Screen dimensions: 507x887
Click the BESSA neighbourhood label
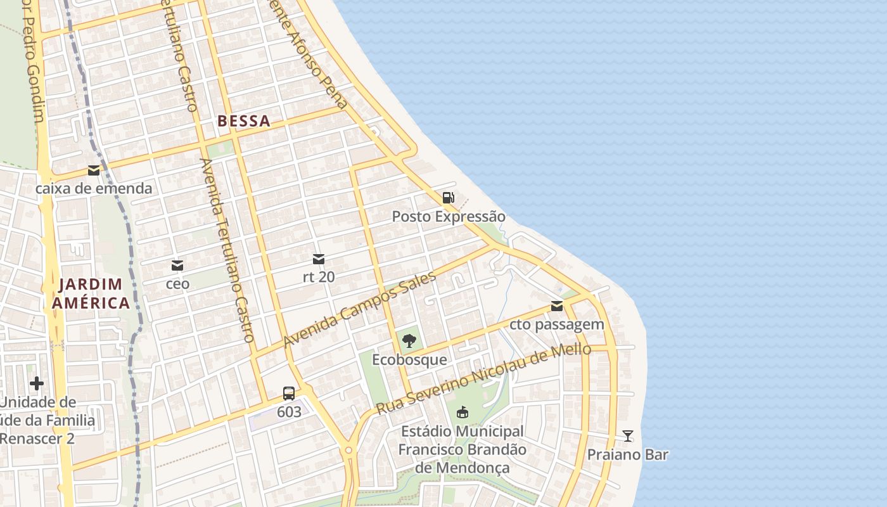(x=244, y=121)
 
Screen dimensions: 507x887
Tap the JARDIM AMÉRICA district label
(x=91, y=294)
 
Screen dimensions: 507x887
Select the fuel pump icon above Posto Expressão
(x=449, y=198)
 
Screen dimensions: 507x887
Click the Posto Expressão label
(x=449, y=217)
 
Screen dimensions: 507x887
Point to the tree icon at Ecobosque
(x=409, y=341)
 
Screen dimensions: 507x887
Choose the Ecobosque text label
(x=409, y=360)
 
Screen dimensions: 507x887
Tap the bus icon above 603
(x=289, y=394)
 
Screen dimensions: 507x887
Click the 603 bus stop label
(x=289, y=412)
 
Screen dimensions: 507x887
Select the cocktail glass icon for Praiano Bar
(x=627, y=436)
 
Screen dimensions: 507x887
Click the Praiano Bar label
(x=627, y=455)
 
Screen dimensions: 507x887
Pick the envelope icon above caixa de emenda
(x=94, y=170)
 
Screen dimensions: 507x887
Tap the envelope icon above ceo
(x=177, y=265)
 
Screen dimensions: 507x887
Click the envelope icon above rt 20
(x=319, y=259)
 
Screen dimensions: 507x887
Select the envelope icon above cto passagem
(x=557, y=307)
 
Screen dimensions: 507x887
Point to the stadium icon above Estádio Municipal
(x=463, y=413)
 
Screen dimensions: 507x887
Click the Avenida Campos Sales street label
(x=360, y=309)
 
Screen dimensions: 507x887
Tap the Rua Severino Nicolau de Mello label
(x=484, y=379)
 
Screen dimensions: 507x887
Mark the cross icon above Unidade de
(x=37, y=383)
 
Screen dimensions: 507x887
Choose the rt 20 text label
(x=319, y=277)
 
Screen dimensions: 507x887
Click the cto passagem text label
(x=557, y=325)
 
